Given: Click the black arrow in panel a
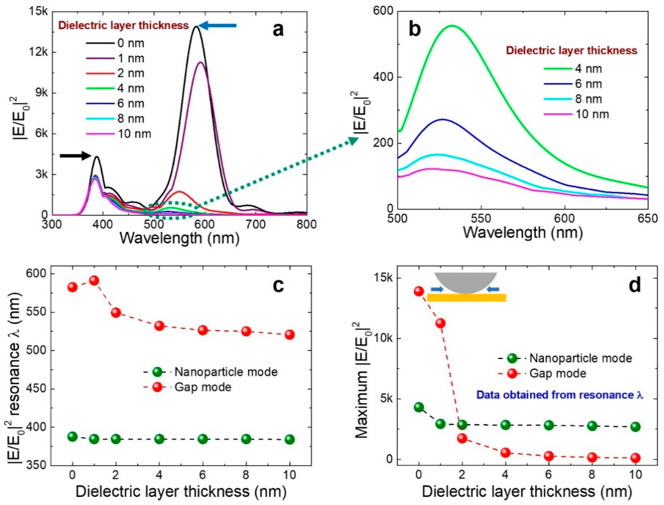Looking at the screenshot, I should (x=75, y=155).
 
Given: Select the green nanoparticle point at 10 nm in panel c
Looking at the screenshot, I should (x=290, y=440).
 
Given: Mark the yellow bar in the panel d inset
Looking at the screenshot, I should (x=466, y=298).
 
